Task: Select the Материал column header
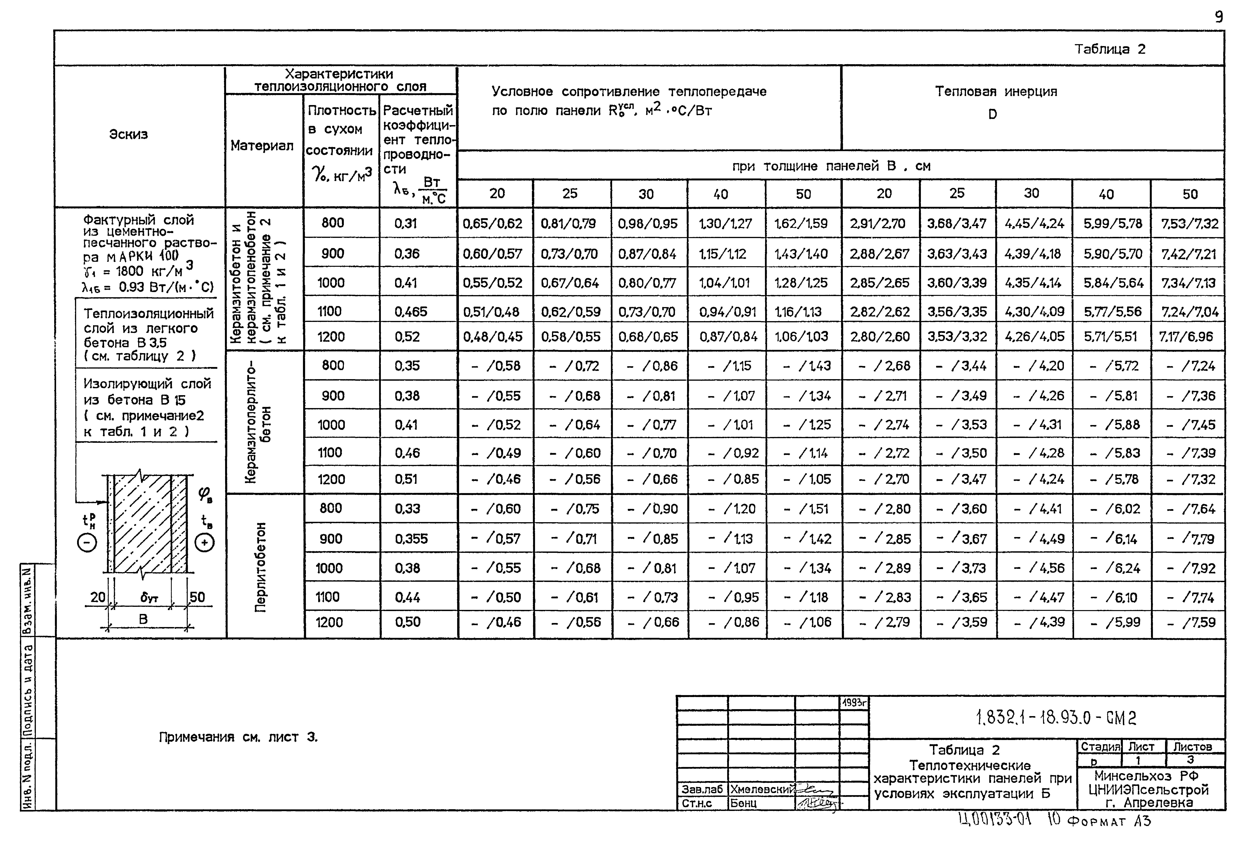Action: (262, 146)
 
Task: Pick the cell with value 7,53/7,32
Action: (1189, 224)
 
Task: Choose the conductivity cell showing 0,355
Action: (411, 539)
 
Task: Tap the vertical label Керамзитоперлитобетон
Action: (258, 423)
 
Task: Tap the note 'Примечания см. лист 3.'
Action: (238, 737)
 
